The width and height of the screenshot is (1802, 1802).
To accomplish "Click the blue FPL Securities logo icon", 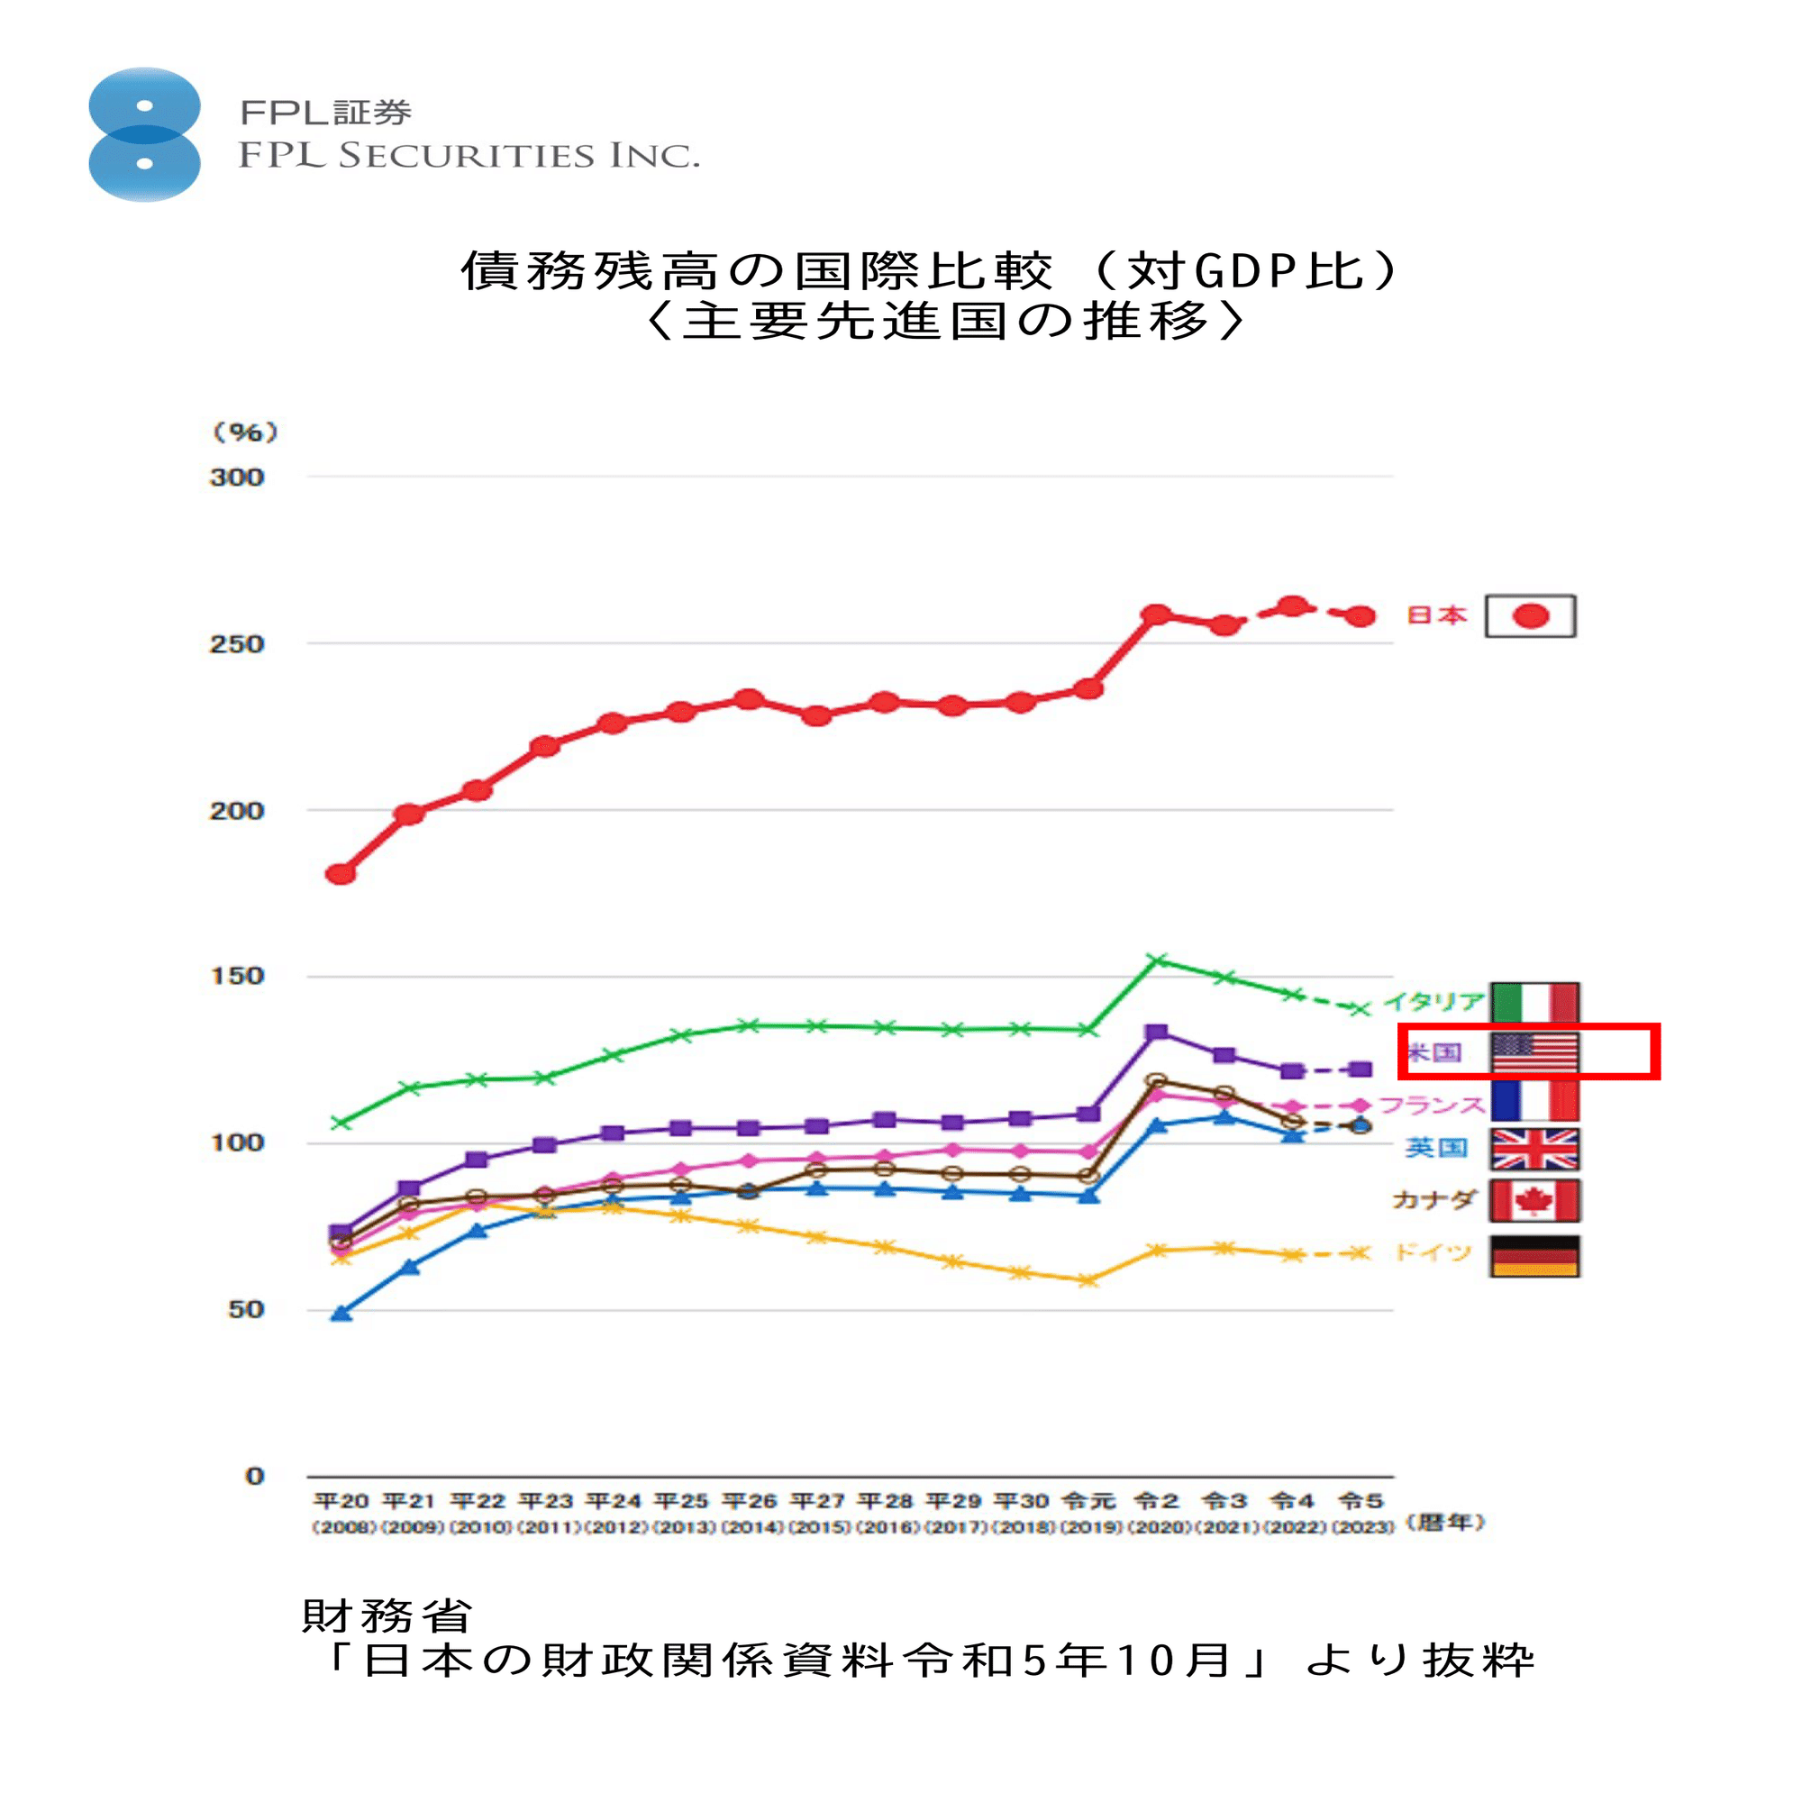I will [x=144, y=134].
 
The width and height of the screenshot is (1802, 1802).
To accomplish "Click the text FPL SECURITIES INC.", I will [x=469, y=156].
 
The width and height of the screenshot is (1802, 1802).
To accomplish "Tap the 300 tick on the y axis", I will [x=237, y=478].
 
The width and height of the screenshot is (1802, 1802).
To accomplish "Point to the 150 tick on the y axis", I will [x=237, y=977].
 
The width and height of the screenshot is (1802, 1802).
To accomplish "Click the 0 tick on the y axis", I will [x=255, y=1476].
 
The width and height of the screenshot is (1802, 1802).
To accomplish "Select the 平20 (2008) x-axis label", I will [x=341, y=1512].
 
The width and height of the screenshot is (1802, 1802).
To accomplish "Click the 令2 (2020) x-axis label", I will [x=1157, y=1512].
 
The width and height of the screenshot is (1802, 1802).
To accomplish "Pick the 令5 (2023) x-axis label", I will [x=1361, y=1512].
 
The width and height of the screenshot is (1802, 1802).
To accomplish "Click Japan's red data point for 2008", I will [x=341, y=874].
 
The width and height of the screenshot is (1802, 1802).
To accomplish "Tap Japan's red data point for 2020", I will [x=1157, y=614].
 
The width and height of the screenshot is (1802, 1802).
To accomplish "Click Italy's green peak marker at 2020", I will [x=1157, y=960].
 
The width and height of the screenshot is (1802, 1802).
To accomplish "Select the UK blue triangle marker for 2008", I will [x=341, y=1314].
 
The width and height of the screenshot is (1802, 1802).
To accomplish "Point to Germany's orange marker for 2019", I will [x=1088, y=1280].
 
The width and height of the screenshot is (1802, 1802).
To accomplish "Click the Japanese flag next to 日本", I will [x=1531, y=615].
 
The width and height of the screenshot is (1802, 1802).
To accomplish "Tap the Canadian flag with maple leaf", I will [x=1534, y=1200].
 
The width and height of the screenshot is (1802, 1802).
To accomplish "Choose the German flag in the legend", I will [x=1534, y=1255].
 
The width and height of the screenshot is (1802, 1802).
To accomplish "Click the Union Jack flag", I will [x=1534, y=1148].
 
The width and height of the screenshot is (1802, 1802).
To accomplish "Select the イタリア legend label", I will [x=1433, y=1002].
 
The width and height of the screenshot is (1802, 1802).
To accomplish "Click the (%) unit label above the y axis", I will [x=244, y=432].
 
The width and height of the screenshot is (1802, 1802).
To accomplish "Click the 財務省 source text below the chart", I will [x=387, y=1616].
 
